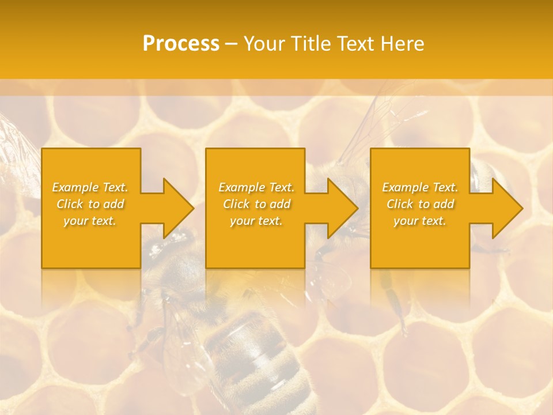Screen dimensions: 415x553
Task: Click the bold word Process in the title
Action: click(181, 44)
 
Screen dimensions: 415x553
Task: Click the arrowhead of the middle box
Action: click(342, 208)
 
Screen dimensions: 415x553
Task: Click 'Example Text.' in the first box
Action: click(90, 187)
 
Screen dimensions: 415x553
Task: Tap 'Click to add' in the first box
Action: click(90, 204)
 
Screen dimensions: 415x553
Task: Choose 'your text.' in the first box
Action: click(90, 221)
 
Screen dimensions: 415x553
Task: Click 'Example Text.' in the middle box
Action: click(256, 187)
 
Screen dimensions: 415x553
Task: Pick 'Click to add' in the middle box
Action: click(256, 204)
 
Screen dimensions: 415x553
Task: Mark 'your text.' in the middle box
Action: click(256, 221)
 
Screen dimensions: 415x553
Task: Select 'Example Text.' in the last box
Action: click(419, 187)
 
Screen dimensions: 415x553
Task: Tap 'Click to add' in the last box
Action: click(419, 204)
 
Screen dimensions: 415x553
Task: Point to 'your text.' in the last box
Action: click(419, 221)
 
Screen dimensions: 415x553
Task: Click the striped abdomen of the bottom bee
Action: click(253, 357)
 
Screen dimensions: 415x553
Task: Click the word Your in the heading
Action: click(264, 44)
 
